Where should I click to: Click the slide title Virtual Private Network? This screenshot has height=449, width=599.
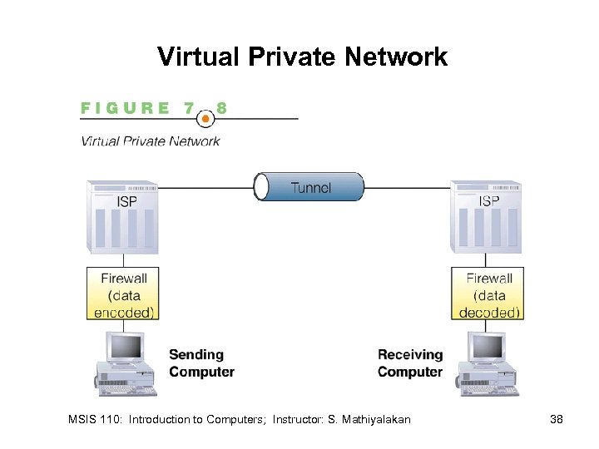pyautogui.click(x=303, y=57)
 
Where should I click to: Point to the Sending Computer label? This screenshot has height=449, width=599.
pyautogui.click(x=201, y=363)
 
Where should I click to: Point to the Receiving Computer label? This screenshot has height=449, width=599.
pyautogui.click(x=410, y=363)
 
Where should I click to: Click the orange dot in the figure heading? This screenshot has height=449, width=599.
pyautogui.click(x=205, y=118)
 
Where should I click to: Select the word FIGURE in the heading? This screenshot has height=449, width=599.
pyautogui.click(x=126, y=108)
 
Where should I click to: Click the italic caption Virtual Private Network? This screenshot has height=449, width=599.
pyautogui.click(x=151, y=141)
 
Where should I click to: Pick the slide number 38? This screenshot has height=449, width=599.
pyautogui.click(x=557, y=420)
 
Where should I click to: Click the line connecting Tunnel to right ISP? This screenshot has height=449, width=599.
pyautogui.click(x=408, y=187)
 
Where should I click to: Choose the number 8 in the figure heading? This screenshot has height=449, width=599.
pyautogui.click(x=222, y=108)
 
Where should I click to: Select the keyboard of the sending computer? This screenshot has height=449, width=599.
pyautogui.click(x=125, y=388)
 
